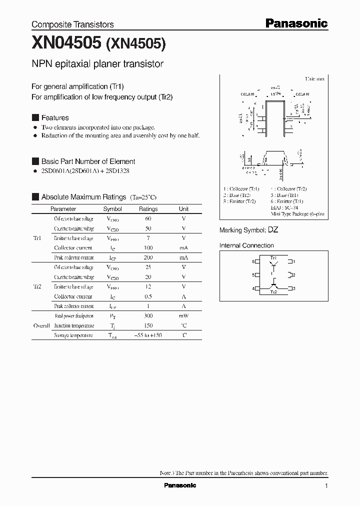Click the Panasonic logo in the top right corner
tap(296, 23)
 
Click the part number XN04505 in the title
tap(66, 44)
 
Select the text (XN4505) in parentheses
tap(136, 44)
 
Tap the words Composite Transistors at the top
tap(72, 24)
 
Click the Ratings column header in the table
tap(148, 209)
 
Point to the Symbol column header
tap(112, 209)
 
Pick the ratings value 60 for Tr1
tap(148, 219)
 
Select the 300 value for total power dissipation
tap(148, 316)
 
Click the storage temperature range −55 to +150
tap(148, 335)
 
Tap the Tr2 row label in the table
tap(37, 286)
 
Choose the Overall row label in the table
tap(41, 325)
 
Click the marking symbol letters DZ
tap(273, 230)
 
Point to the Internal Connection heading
tap(246, 245)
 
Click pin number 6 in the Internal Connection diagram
tap(253, 261)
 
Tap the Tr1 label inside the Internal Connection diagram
tap(273, 257)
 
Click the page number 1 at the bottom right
tap(326, 486)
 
